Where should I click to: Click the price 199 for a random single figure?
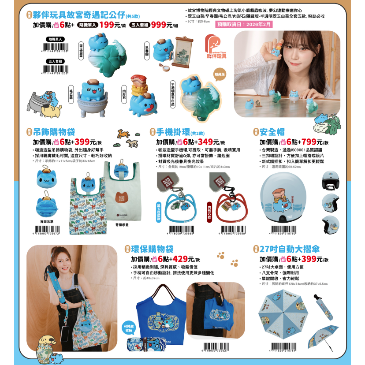pyautogui.click(x=107, y=25)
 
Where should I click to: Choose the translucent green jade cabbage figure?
pyautogui.click(x=201, y=99)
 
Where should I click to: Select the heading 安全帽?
pyautogui.click(x=272, y=131)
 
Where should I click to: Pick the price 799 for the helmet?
pyautogui.click(x=309, y=142)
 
